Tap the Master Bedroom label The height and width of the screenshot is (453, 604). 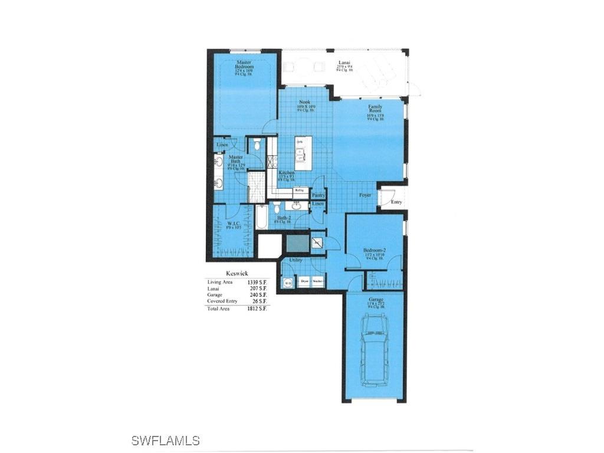coord(245,65)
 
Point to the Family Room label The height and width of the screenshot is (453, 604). coord(375,110)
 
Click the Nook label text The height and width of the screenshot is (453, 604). coord(304,102)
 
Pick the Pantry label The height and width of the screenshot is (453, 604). coord(319,195)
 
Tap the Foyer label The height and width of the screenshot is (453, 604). coord(365,195)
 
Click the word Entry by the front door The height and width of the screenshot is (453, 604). coord(396,202)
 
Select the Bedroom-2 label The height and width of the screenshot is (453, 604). coord(375,250)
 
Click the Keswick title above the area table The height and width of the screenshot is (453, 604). coord(237,273)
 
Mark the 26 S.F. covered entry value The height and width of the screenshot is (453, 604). coord(260,301)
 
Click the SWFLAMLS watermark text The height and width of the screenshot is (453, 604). coord(165,441)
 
